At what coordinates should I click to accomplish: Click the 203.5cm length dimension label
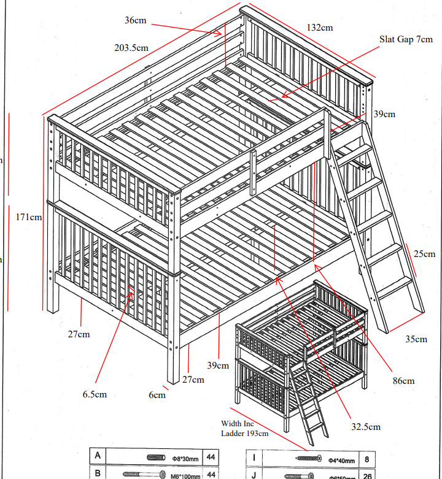tap(131, 47)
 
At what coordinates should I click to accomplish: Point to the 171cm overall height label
tap(29, 217)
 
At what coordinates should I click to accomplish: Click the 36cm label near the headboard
tap(136, 20)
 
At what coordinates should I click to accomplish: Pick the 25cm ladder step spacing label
tap(424, 254)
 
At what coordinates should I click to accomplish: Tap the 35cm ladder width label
tap(416, 339)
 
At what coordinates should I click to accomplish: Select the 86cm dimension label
tap(403, 381)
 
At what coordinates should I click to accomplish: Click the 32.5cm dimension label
tap(365, 427)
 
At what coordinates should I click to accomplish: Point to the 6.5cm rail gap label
tap(95, 394)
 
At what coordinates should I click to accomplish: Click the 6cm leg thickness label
tap(157, 395)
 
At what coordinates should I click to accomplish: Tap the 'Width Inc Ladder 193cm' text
tap(244, 429)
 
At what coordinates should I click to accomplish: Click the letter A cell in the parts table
tap(98, 457)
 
